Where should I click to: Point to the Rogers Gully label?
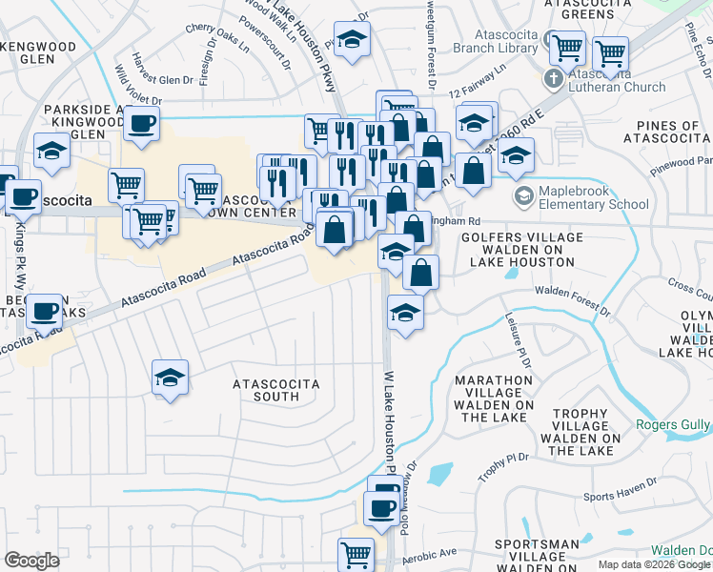coord(680,424)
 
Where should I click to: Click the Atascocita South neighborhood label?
coord(277,391)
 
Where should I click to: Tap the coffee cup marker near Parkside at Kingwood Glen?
coord(142,123)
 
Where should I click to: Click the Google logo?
coord(32,560)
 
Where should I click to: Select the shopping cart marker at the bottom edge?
coord(356,553)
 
